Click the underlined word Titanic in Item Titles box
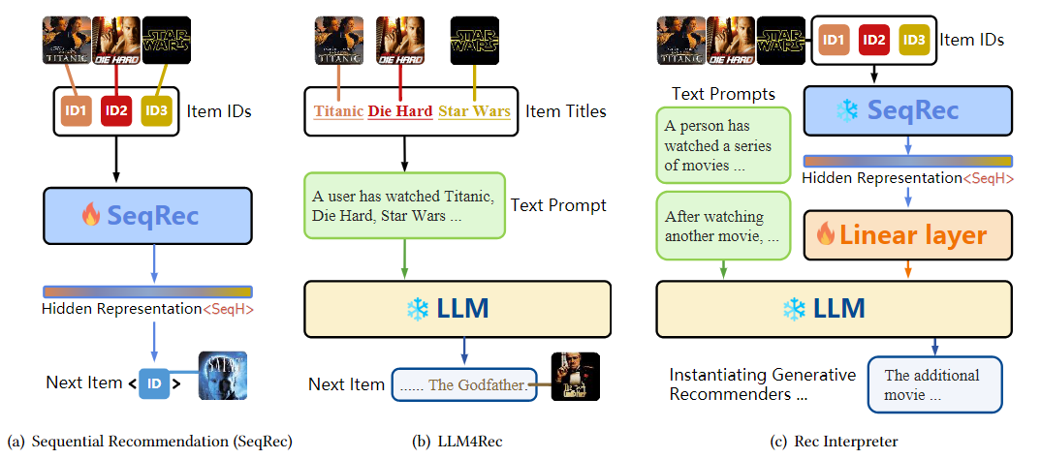(338, 111)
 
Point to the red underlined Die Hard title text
(400, 111)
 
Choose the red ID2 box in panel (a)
(117, 110)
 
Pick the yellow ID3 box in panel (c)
(912, 40)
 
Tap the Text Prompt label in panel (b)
(558, 205)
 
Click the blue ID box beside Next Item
(154, 382)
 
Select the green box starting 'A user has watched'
(404, 206)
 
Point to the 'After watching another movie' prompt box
(722, 226)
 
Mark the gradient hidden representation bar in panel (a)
(147, 291)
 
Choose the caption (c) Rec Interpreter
(834, 442)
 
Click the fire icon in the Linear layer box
(827, 234)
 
